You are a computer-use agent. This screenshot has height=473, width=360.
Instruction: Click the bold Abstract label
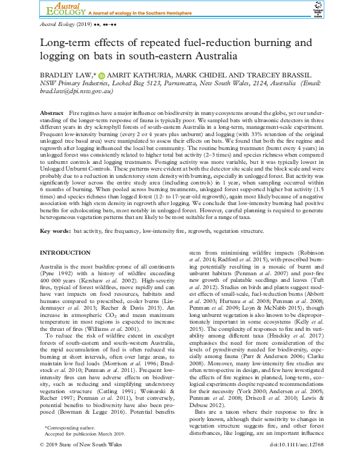coord(51,114)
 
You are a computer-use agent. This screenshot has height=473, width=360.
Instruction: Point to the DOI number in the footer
coord(296,462)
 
